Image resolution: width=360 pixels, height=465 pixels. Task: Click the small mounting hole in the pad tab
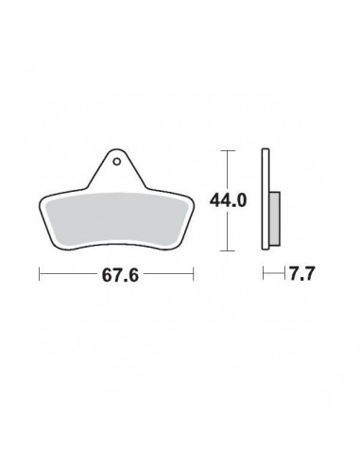[x=117, y=162]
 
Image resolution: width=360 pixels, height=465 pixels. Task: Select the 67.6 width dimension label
[x=120, y=275]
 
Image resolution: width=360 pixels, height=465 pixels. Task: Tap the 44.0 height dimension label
[x=228, y=200]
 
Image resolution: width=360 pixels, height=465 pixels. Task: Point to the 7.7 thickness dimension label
[x=301, y=273]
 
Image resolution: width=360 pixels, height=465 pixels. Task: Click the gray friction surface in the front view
[x=117, y=219]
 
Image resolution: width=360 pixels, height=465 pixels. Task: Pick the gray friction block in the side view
[x=275, y=218]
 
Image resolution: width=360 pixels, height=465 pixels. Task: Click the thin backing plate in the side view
[x=266, y=199]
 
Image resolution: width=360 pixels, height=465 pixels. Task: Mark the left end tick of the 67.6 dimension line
[x=40, y=274]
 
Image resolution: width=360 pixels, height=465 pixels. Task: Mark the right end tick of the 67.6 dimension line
[x=193, y=274]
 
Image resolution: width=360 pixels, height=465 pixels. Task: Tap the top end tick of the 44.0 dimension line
[x=228, y=151]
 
